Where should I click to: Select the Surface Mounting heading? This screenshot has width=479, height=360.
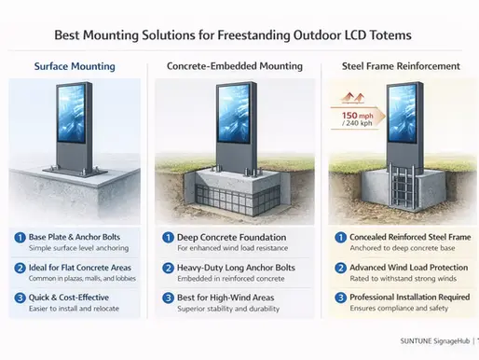pos(75,67)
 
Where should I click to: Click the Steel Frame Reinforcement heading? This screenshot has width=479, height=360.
pos(396,67)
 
